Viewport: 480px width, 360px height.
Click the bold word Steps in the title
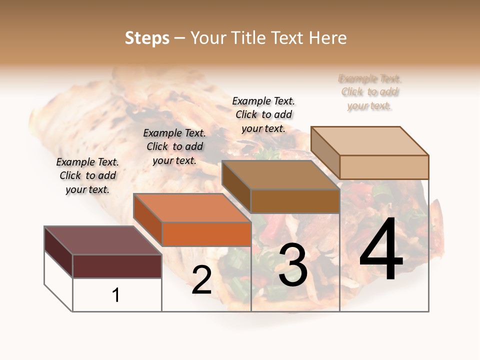(147, 38)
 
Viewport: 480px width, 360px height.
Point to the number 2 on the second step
(201, 280)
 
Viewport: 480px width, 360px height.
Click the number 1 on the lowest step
(116, 295)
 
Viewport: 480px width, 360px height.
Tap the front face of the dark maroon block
(117, 266)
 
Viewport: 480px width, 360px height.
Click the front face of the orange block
(206, 234)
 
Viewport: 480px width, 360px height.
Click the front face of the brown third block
(295, 201)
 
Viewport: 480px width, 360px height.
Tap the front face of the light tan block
(384, 167)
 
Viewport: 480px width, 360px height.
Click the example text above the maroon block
(87, 175)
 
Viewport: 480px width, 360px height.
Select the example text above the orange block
(174, 146)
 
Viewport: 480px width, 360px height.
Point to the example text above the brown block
(263, 114)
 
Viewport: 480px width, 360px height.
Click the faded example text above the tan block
(370, 92)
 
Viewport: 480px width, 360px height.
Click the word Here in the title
(328, 38)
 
